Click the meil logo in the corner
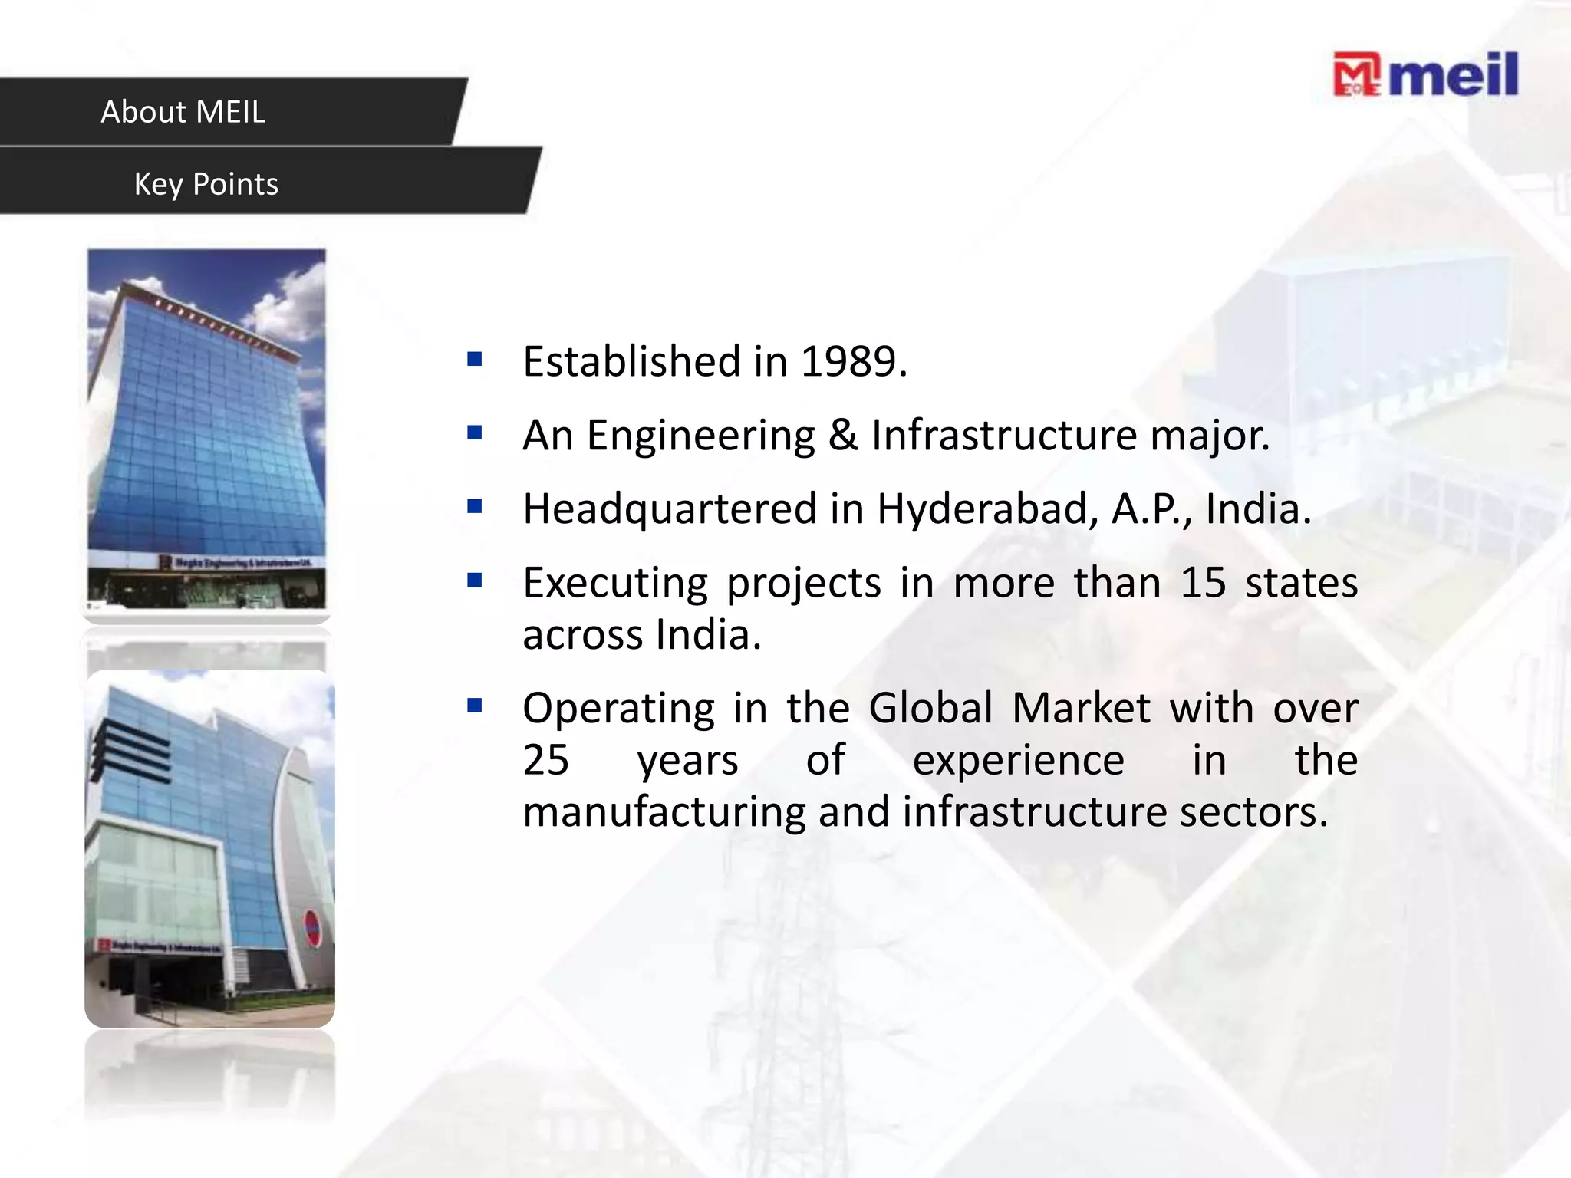click(1425, 74)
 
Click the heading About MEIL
click(183, 112)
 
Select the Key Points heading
click(206, 184)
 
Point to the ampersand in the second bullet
click(842, 435)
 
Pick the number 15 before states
click(1203, 582)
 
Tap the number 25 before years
click(546, 760)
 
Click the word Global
click(930, 708)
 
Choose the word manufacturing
click(664, 812)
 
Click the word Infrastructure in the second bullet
click(1004, 435)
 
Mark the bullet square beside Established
click(475, 359)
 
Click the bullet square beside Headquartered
click(475, 506)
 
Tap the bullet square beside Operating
click(475, 706)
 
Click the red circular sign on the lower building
click(312, 929)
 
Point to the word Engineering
click(700, 436)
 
